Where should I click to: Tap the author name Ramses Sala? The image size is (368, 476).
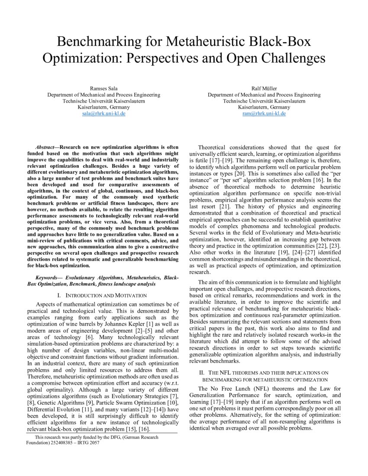pos(103,88)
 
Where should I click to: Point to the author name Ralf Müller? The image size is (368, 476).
pos(264,88)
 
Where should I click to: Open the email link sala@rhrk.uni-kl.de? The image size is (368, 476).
pos(103,113)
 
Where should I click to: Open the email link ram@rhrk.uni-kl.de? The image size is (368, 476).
pos(264,113)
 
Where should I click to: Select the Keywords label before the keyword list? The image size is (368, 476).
pos(48,277)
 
